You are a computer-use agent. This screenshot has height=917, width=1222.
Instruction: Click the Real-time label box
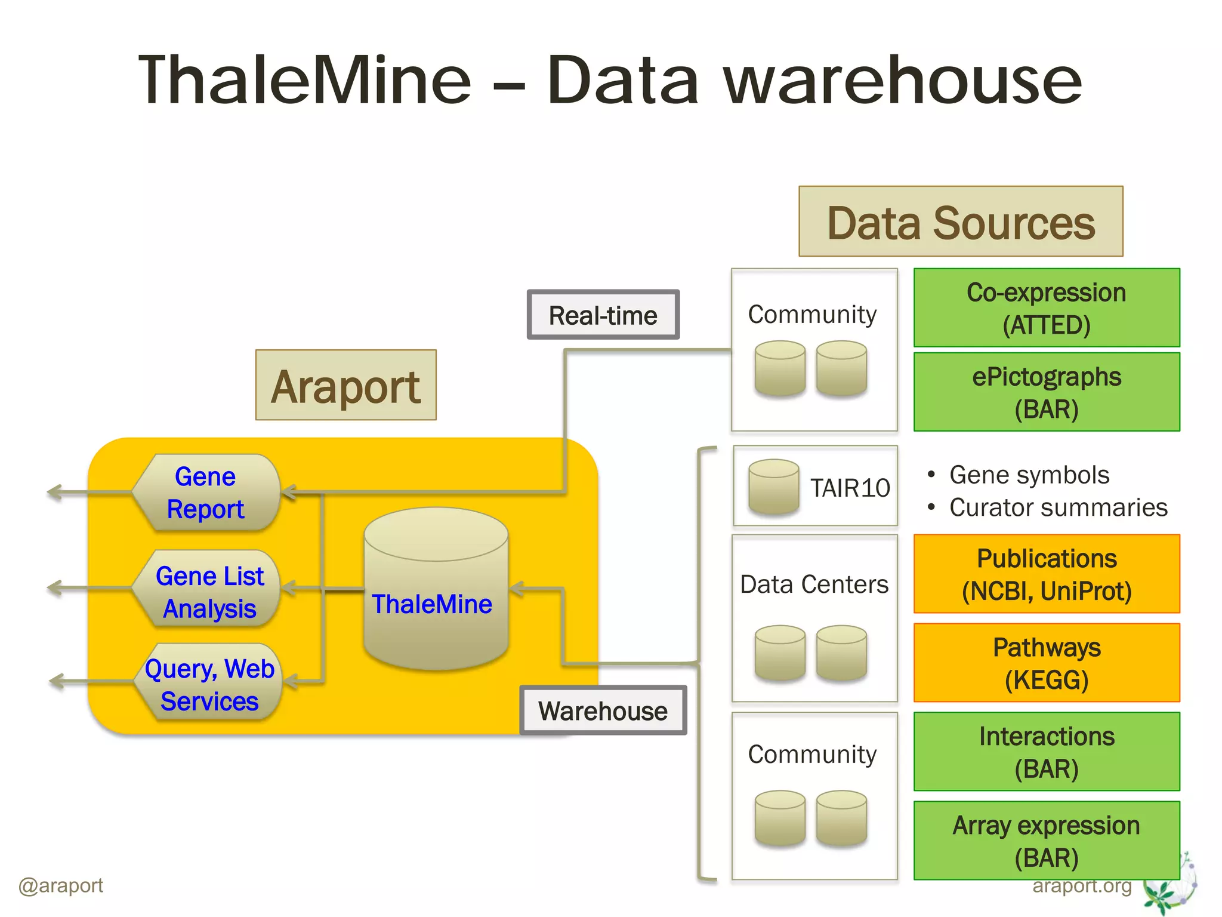[x=603, y=315]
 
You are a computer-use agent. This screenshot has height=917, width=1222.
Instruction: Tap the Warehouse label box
[x=603, y=710]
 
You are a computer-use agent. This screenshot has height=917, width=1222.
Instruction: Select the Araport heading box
[x=345, y=386]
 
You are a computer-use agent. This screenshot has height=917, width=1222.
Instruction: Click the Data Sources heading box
[x=960, y=222]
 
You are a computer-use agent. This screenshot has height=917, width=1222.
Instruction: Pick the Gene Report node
[x=206, y=493]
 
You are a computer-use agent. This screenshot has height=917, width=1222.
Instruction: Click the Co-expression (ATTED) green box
[x=1046, y=308]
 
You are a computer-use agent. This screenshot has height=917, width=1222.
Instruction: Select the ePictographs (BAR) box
[x=1046, y=392]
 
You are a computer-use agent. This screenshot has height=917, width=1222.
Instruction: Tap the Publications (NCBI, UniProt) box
[x=1046, y=574]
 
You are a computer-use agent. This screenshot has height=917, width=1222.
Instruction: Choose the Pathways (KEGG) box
[x=1046, y=663]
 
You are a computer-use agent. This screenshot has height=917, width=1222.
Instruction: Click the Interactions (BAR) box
[x=1046, y=752]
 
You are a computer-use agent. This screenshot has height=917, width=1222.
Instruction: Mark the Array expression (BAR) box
[x=1046, y=841]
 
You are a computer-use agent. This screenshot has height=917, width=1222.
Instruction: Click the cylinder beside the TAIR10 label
[x=773, y=487]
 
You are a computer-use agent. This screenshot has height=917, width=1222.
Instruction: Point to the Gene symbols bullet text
[x=1029, y=475]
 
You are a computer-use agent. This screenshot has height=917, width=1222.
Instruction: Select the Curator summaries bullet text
[x=1058, y=507]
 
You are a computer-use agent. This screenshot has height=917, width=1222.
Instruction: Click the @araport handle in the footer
[x=61, y=885]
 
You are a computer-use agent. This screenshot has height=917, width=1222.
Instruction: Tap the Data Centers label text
[x=814, y=584]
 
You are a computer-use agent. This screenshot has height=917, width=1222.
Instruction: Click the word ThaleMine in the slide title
[x=304, y=81]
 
